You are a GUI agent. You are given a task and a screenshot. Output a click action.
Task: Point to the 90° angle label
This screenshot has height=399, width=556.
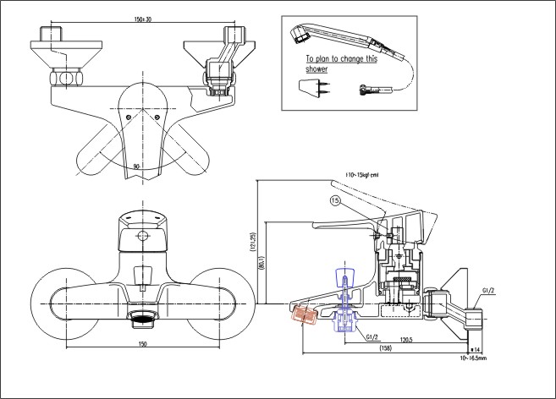tap(135, 166)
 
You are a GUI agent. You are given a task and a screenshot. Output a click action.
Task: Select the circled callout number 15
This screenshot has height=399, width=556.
tap(335, 200)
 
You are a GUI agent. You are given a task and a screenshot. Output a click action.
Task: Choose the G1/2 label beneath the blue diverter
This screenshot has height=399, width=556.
tap(372, 336)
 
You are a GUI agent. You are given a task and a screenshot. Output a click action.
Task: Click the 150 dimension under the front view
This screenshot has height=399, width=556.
tap(142, 344)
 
